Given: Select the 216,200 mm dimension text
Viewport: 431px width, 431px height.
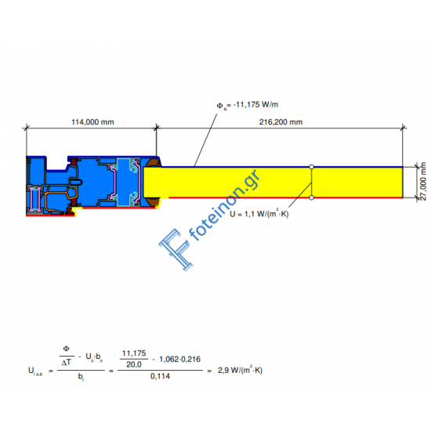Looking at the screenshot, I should [x=281, y=122].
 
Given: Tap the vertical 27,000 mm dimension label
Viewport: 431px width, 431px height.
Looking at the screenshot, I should [x=422, y=182].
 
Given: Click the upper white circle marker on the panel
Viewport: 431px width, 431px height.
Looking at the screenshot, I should [x=311, y=167].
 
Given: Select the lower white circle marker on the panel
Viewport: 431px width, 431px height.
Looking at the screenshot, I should [x=311, y=197].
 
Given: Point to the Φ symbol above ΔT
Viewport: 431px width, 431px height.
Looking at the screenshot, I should [x=67, y=350].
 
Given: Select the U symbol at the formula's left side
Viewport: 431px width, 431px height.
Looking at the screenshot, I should [x=29, y=370].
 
